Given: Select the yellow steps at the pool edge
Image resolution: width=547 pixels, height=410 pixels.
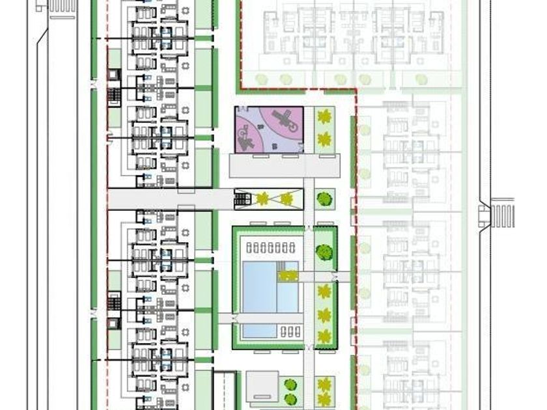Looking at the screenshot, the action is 287,276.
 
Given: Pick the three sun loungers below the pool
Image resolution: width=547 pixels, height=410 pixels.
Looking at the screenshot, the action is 291,331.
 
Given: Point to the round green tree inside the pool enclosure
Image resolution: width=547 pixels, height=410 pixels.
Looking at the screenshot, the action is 323,251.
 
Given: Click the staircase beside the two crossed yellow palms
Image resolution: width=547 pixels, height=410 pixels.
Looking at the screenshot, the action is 242,198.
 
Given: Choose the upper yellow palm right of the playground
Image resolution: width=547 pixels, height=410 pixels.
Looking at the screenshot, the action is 324,118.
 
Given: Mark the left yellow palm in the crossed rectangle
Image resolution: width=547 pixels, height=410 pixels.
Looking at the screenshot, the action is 262,198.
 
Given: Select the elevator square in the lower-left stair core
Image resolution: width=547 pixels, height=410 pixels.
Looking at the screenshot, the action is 114,323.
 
